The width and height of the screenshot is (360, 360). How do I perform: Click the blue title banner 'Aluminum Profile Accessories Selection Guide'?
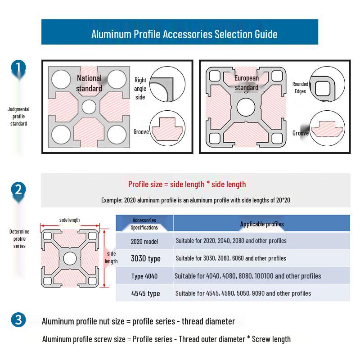[180, 31]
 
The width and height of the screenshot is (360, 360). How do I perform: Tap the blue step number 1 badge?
[18, 68]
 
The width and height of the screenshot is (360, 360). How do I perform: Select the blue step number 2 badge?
[18, 190]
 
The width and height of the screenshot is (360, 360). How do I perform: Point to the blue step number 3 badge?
[18, 320]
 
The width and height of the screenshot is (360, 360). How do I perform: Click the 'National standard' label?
[89, 83]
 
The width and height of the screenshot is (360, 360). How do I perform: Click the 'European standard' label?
[247, 83]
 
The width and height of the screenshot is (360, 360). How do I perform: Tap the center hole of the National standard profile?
[89, 107]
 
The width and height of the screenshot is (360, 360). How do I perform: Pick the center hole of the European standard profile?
[246, 107]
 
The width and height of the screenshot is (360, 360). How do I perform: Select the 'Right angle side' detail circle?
[167, 84]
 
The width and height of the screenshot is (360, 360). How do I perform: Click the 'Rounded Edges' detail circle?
[327, 84]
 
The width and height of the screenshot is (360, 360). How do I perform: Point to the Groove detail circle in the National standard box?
[167, 128]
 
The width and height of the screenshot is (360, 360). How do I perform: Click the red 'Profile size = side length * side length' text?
[187, 184]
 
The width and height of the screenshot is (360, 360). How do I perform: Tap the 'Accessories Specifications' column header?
[144, 224]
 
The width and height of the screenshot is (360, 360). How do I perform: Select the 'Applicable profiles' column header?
[262, 224]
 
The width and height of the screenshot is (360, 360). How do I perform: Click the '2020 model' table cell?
[144, 242]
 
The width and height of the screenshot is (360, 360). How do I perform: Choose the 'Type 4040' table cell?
[144, 276]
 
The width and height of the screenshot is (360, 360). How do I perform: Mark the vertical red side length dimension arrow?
[104, 258]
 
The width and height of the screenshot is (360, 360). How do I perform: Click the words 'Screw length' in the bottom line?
[271, 339]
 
